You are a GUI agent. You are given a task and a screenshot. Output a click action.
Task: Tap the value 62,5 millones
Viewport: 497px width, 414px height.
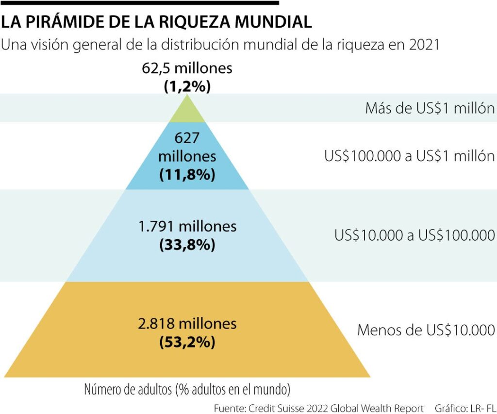pyautogui.click(x=187, y=68)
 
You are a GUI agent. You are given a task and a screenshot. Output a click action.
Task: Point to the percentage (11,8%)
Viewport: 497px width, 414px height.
pyautogui.click(x=187, y=174)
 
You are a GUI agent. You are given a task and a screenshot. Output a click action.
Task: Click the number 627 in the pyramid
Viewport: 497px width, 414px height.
pyautogui.click(x=187, y=139)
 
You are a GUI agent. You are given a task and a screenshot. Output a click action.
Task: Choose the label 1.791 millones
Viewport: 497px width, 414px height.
pyautogui.click(x=187, y=226)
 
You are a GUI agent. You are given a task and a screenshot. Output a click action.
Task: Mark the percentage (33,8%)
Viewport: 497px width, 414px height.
pyautogui.click(x=187, y=245)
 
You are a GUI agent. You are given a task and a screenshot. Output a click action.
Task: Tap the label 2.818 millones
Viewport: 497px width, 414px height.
pyautogui.click(x=187, y=323)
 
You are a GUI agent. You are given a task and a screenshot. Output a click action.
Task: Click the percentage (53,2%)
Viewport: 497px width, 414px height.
pyautogui.click(x=187, y=342)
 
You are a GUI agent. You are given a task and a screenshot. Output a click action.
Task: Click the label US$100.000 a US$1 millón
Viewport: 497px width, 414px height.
pyautogui.click(x=409, y=156)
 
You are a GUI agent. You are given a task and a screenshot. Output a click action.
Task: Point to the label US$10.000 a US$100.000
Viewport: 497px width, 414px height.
pyautogui.click(x=414, y=235)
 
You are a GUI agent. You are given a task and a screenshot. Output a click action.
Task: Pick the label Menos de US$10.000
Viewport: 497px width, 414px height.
pyautogui.click(x=426, y=331)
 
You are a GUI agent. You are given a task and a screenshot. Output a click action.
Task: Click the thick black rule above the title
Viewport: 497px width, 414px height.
pyautogui.click(x=141, y=3)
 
